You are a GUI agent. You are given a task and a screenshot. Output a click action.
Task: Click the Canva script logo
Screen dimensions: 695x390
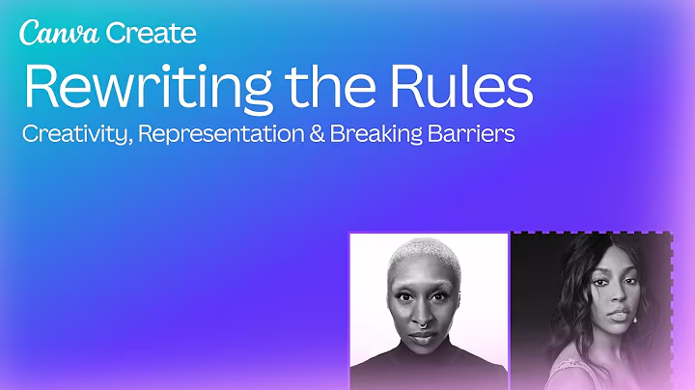[x=60, y=33]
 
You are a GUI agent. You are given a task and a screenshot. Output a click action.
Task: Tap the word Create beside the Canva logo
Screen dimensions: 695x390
[x=152, y=33]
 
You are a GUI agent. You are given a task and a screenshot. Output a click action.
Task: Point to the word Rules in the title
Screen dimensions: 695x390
[x=461, y=86]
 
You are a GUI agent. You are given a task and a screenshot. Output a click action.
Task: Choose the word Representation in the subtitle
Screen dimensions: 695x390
[x=221, y=134]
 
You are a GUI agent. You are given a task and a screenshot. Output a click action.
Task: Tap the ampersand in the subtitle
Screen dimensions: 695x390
[x=317, y=134]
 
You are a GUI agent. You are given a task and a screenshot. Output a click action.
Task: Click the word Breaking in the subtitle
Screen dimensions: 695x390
[x=375, y=134]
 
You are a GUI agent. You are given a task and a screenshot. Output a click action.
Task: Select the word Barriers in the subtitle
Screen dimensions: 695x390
[x=471, y=134]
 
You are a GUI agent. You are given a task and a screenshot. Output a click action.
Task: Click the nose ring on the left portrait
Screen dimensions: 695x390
[x=423, y=325]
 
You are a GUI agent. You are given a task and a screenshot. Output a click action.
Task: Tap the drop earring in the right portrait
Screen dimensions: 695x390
[x=636, y=320]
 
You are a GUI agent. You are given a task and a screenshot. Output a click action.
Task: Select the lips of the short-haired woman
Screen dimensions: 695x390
[x=423, y=339]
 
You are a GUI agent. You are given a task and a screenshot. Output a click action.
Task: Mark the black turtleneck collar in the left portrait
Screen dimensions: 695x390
[x=424, y=355]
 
